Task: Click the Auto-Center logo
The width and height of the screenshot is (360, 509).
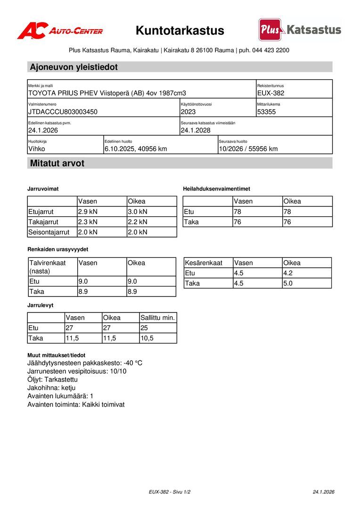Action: [60, 31]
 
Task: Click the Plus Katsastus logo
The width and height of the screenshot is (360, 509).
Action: [300, 30]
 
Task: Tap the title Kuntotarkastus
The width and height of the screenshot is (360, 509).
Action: [180, 31]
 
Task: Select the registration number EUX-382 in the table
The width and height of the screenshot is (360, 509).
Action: [270, 93]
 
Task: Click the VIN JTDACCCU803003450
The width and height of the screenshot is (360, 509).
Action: [63, 112]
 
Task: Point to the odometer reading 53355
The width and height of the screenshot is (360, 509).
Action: [266, 112]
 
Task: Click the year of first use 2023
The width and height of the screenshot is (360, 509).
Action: [188, 112]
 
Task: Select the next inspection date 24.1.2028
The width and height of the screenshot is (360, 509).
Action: [196, 131]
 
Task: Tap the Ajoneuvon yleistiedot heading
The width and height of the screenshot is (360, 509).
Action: [74, 67]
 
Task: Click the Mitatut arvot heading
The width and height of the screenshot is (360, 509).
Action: [57, 164]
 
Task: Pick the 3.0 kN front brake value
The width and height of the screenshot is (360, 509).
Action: [138, 212]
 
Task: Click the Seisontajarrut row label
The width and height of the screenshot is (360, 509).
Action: [49, 232]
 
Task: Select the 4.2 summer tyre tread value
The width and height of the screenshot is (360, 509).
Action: [288, 273]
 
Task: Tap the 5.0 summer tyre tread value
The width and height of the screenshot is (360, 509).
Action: [288, 283]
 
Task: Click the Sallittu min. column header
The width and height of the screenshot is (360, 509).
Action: [157, 318]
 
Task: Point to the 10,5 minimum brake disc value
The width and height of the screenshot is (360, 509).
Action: [147, 338]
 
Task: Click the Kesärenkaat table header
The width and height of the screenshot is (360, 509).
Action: [204, 263]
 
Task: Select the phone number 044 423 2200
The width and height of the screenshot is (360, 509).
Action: [270, 50]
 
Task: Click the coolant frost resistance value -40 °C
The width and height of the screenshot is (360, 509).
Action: [132, 363]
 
